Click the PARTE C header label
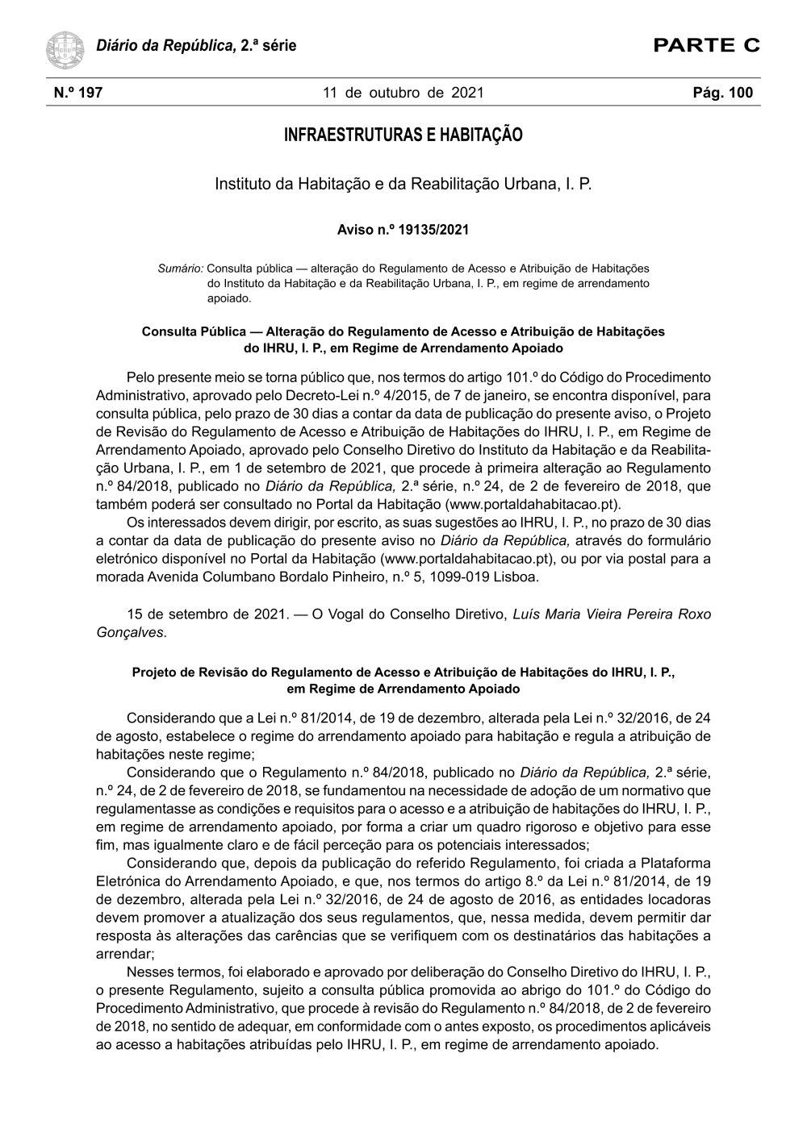tap(707, 45)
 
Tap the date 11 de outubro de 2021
tap(403, 93)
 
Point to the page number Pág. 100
tap(722, 93)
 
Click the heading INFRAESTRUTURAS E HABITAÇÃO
tap(403, 135)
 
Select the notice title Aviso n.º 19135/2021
tap(403, 230)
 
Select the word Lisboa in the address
tap(516, 577)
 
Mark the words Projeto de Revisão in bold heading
tap(190, 672)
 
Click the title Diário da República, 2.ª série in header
tap(196, 46)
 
